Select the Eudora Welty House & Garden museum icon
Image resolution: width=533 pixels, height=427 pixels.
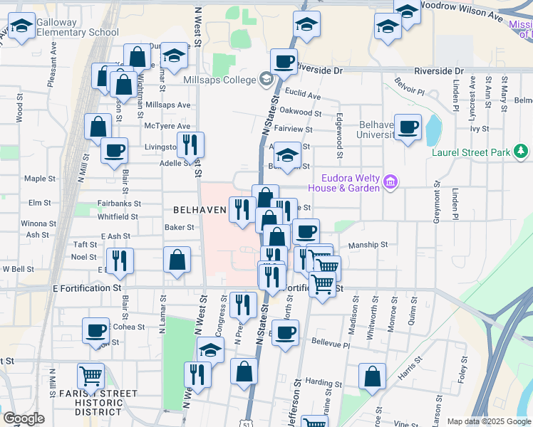pos(390,183)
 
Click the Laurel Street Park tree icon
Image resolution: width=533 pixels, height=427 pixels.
pos(522,151)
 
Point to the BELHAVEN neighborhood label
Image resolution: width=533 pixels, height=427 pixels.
pos(200,211)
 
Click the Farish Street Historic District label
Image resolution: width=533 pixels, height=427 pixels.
pos(98,402)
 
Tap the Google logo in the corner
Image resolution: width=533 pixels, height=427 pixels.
pos(24,418)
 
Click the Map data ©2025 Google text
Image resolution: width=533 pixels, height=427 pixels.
pos(488,421)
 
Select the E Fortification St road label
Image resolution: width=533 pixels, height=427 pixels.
pos(87,288)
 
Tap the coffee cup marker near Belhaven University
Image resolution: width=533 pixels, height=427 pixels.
pos(408,127)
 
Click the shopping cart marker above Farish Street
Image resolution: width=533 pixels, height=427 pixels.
pos(91,375)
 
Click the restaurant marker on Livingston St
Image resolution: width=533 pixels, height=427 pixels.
pos(190,144)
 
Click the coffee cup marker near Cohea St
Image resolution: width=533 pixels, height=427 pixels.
pos(95,330)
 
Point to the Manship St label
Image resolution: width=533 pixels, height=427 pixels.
pos(368,245)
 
